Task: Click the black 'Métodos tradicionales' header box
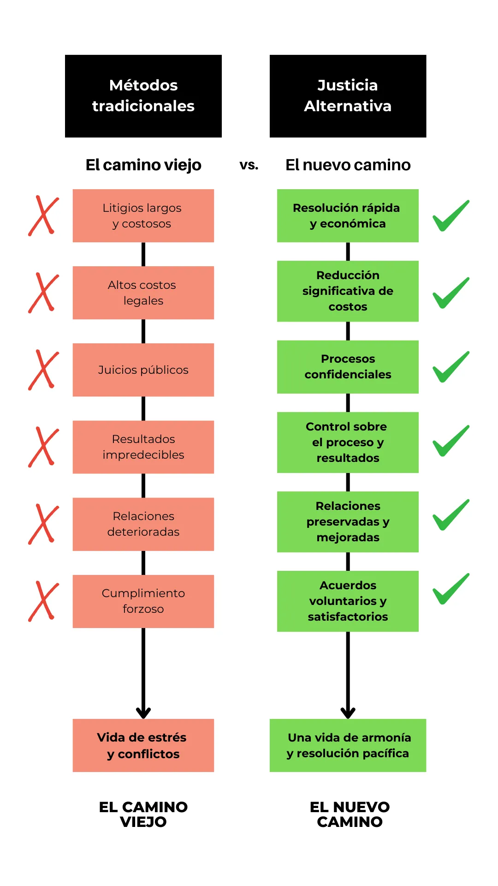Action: tap(143, 96)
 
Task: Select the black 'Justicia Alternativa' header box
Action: tap(348, 96)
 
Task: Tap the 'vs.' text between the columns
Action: tap(249, 165)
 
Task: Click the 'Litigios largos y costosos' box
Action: tap(143, 216)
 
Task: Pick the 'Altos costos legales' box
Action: tap(143, 293)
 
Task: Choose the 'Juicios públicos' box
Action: tap(143, 370)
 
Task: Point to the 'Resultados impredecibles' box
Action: tap(143, 447)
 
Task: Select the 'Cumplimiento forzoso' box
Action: tap(143, 601)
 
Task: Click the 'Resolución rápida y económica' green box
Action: tap(348, 216)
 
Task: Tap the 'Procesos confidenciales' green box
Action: tap(348, 367)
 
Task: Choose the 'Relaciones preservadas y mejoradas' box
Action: tap(348, 521)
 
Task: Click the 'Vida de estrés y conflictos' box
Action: tap(143, 745)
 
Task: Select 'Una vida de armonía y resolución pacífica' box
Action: tap(348, 745)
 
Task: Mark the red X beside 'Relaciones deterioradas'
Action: tap(43, 524)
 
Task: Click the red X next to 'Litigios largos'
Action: tap(43, 216)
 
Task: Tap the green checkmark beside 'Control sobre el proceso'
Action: tap(450, 442)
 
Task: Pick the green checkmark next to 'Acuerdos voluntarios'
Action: tap(450, 590)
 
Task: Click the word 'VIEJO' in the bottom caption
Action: tap(143, 822)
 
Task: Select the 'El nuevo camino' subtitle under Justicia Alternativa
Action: tap(348, 165)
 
